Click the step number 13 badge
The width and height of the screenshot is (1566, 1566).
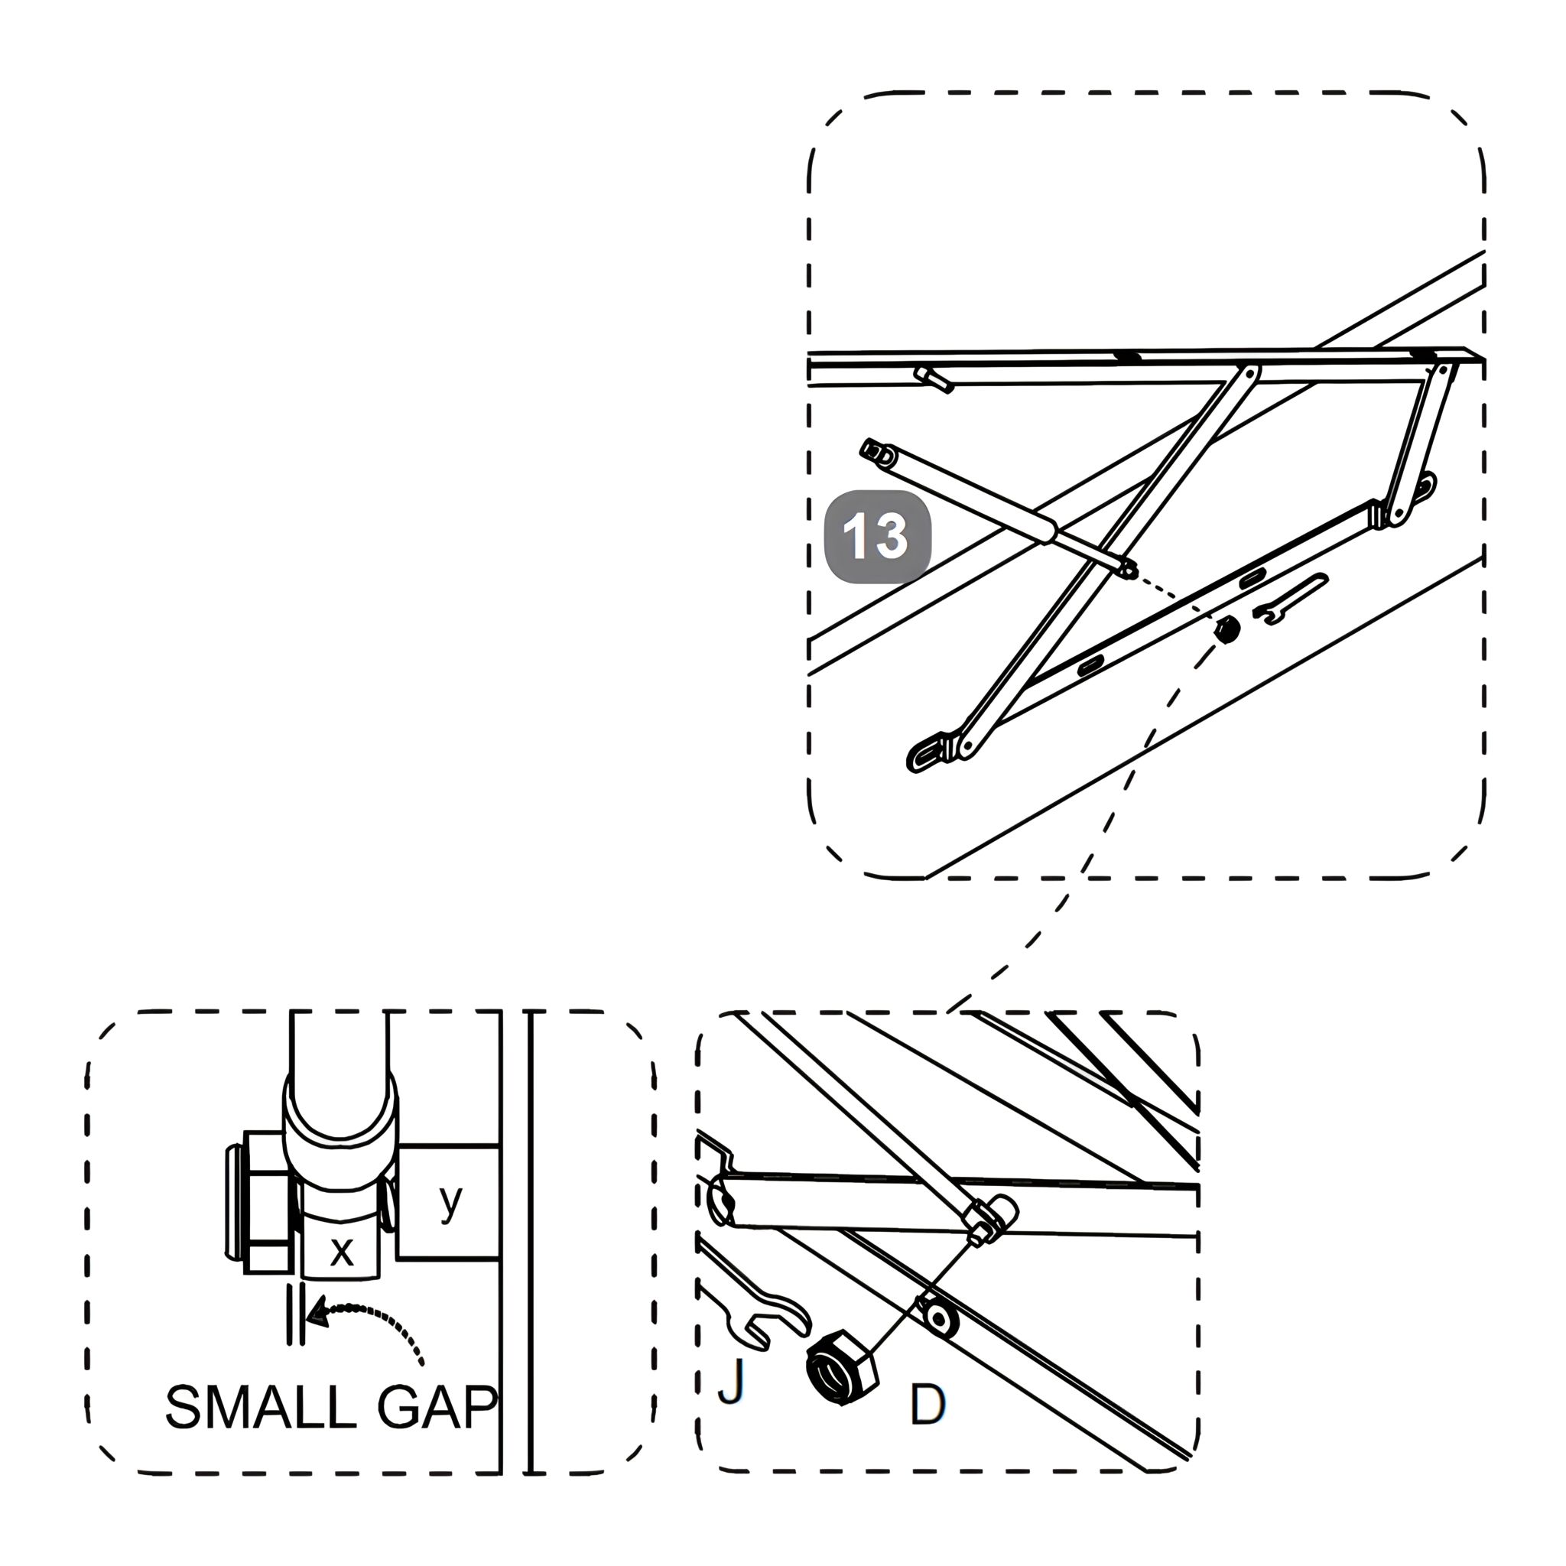pos(878,537)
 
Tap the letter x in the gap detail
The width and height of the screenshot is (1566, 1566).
pos(342,1251)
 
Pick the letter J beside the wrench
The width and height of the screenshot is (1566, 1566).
pos(731,1380)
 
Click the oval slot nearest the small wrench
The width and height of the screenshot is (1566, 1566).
pos(1252,579)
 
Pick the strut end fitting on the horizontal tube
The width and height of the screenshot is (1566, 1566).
pos(990,1217)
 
